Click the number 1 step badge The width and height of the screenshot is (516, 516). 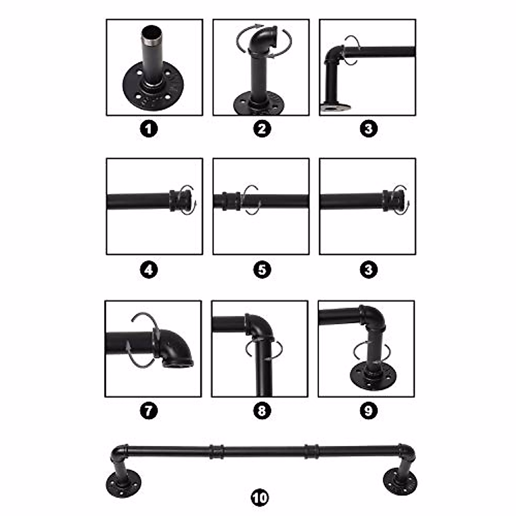click(x=149, y=128)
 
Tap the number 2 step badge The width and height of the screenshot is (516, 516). click(x=262, y=128)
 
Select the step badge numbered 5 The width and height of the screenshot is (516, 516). click(x=262, y=270)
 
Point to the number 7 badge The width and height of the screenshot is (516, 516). click(x=149, y=411)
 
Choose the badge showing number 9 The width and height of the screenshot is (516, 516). click(x=369, y=411)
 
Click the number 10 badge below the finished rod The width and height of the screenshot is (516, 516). click(x=259, y=498)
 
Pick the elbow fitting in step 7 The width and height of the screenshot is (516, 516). click(x=174, y=347)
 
